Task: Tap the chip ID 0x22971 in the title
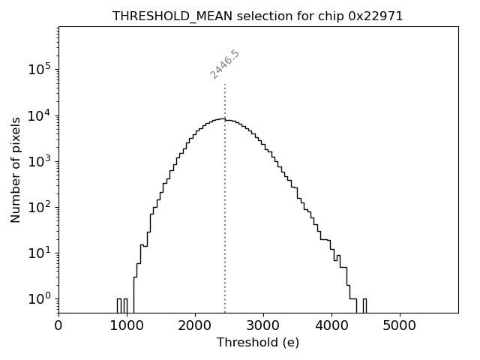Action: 376,16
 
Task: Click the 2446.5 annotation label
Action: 224,64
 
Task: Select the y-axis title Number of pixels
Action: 16,169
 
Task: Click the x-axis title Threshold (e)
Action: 258,343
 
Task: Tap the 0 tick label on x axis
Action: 58,325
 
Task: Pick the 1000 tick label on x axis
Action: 127,325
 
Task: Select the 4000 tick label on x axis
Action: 331,325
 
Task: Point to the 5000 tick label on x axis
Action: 399,325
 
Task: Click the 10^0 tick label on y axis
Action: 39,298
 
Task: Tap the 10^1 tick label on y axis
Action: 39,253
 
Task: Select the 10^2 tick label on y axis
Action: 39,207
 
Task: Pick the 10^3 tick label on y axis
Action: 39,160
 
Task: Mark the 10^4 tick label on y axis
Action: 39,115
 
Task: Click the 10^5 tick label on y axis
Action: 39,69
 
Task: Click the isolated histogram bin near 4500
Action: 364,304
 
